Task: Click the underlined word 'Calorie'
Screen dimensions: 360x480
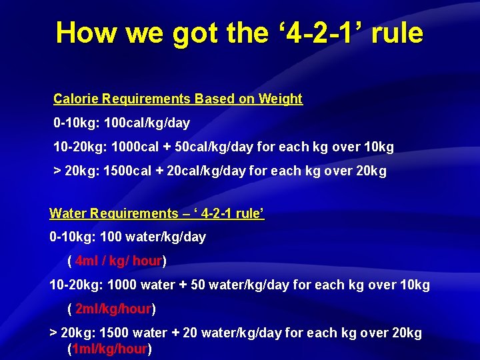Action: pyautogui.click(x=76, y=99)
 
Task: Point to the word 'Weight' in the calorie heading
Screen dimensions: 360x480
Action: pyautogui.click(x=280, y=99)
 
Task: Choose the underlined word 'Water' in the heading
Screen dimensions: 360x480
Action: pyautogui.click(x=67, y=213)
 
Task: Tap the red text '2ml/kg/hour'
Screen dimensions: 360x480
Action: pyautogui.click(x=113, y=309)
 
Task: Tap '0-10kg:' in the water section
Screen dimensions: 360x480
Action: pyautogui.click(x=73, y=237)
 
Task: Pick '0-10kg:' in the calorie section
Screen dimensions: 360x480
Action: pyautogui.click(x=76, y=123)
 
